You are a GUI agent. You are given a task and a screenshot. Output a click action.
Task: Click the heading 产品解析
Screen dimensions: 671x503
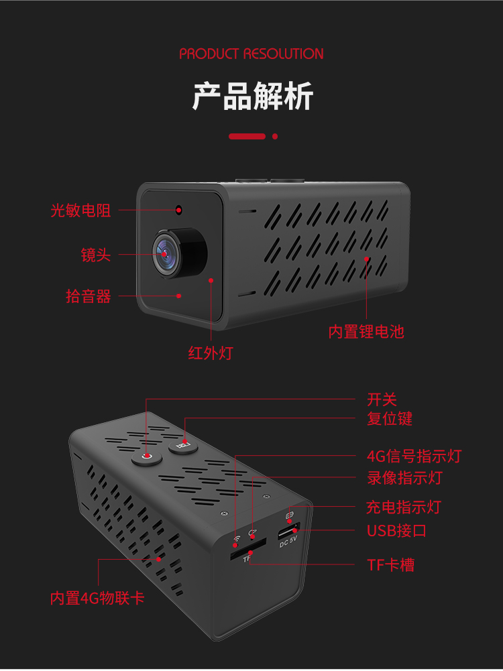click(252, 97)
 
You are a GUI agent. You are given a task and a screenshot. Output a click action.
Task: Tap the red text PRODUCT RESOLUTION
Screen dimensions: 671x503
click(251, 54)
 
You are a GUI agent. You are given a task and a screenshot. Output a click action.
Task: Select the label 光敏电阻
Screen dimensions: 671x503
click(80, 210)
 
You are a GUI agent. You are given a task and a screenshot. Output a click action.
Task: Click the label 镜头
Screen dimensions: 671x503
click(96, 255)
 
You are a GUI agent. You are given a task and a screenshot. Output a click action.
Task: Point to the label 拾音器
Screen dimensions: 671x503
click(88, 296)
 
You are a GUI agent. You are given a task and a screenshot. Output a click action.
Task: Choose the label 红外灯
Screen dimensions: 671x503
click(210, 353)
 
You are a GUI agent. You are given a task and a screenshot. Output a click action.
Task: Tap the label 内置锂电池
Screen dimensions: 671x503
click(366, 331)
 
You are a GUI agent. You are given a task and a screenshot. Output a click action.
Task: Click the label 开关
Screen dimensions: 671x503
click(382, 400)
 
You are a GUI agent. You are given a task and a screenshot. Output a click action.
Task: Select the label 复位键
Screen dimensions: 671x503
click(390, 419)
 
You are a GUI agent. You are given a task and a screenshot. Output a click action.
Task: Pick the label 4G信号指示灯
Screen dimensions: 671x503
click(414, 456)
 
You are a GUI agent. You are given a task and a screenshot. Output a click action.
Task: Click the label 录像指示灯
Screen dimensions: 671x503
click(404, 478)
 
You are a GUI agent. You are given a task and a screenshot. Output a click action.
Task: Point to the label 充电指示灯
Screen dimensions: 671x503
click(404, 507)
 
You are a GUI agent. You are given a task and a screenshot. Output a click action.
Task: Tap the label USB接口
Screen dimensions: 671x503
click(396, 531)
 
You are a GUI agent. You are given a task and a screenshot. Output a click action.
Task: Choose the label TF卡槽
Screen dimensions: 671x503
click(390, 565)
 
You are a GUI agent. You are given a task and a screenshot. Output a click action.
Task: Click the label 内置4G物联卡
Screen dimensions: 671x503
click(97, 598)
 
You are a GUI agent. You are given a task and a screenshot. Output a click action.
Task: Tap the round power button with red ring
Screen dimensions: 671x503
click(148, 457)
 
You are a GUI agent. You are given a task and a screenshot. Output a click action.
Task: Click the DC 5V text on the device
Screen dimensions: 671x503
click(288, 544)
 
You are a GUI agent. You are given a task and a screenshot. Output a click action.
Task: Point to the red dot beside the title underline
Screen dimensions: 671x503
click(275, 136)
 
